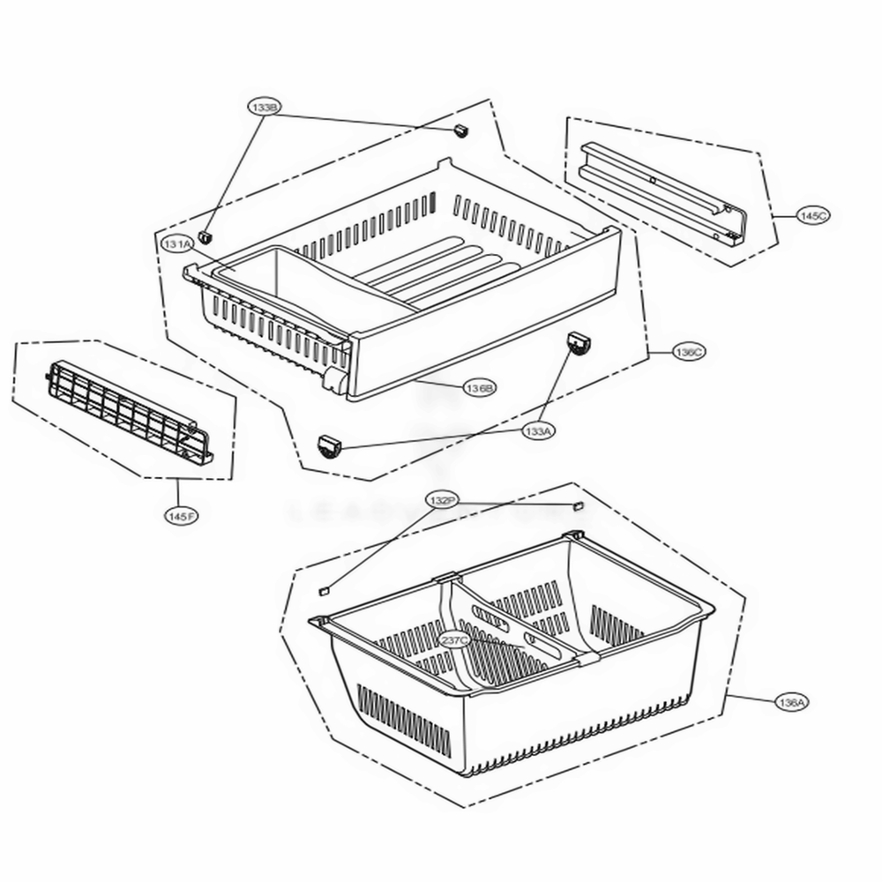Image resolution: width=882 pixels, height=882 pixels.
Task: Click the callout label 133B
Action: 264,107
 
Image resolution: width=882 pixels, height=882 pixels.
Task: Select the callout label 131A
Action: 177,243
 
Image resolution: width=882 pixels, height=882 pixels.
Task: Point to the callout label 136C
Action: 688,352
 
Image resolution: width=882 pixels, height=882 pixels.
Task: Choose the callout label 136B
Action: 481,387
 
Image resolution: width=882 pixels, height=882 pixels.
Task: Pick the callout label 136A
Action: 791,702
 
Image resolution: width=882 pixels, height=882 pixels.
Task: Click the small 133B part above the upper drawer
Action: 459,131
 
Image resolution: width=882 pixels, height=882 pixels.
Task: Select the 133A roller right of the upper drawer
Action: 577,344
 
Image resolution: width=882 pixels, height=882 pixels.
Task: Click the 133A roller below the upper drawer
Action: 330,446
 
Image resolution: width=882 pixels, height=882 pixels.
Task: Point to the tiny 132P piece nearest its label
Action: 579,506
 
